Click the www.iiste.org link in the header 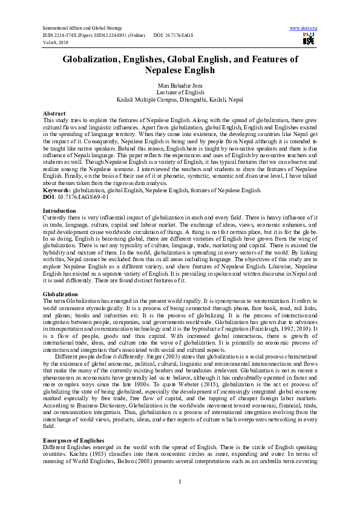pos(304,28)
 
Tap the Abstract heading pos(54,114)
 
